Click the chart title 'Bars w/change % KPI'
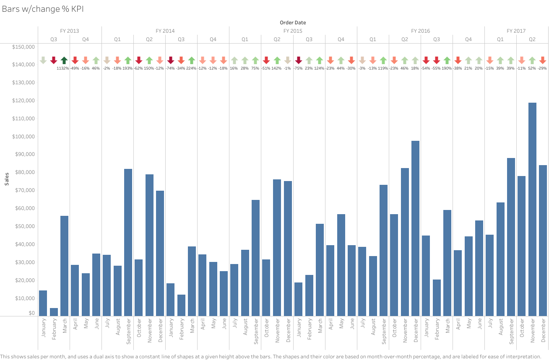click(43, 9)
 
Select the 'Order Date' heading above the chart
click(293, 23)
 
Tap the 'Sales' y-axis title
click(7, 179)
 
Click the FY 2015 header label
click(293, 31)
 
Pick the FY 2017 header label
click(516, 31)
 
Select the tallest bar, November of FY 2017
click(532, 209)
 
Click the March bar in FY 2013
click(65, 266)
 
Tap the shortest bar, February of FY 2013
click(54, 312)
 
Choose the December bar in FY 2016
click(415, 228)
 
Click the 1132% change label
click(63, 68)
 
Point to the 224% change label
click(191, 68)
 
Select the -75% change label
click(298, 68)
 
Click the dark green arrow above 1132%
click(64, 60)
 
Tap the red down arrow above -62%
click(139, 60)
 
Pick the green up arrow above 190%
click(447, 60)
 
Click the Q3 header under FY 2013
click(54, 39)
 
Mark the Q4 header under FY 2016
click(468, 39)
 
